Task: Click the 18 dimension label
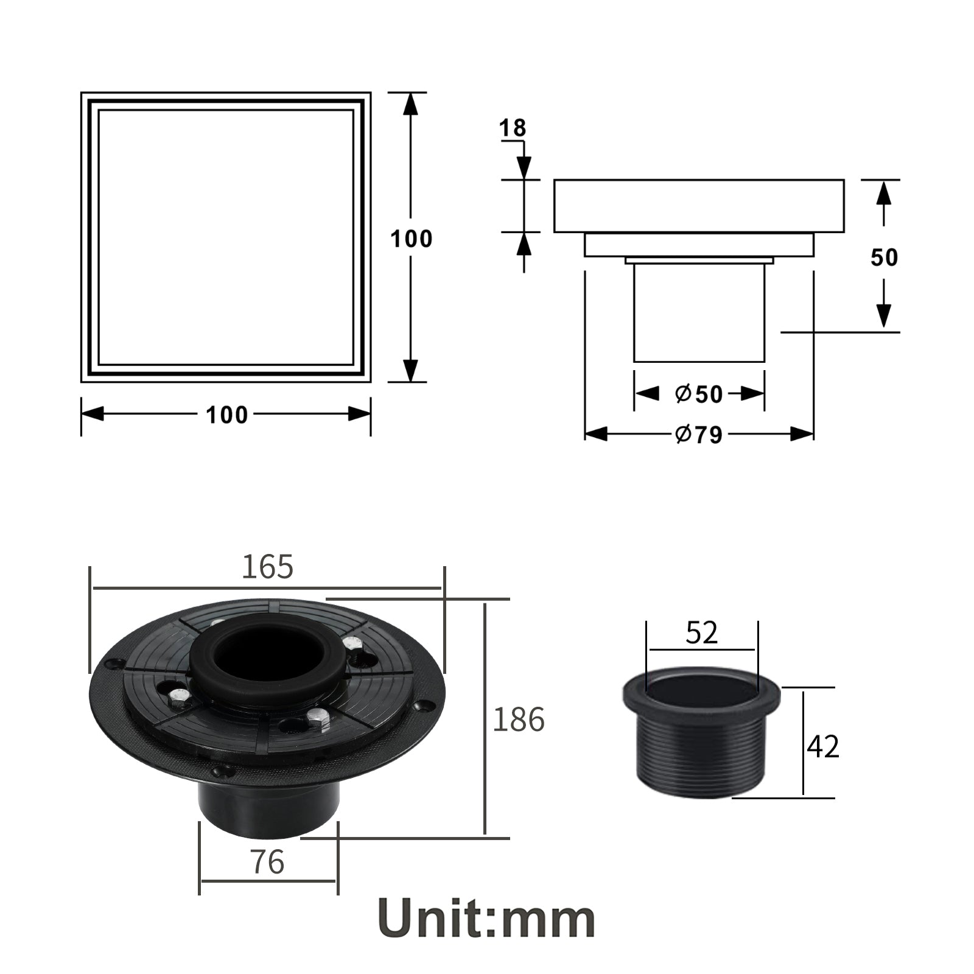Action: click(513, 128)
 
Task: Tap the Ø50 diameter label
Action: click(699, 394)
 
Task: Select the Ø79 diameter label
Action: click(699, 434)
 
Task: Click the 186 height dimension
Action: click(518, 719)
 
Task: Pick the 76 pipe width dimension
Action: click(268, 861)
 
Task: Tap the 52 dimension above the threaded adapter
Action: click(702, 632)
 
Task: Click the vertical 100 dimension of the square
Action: click(412, 239)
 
